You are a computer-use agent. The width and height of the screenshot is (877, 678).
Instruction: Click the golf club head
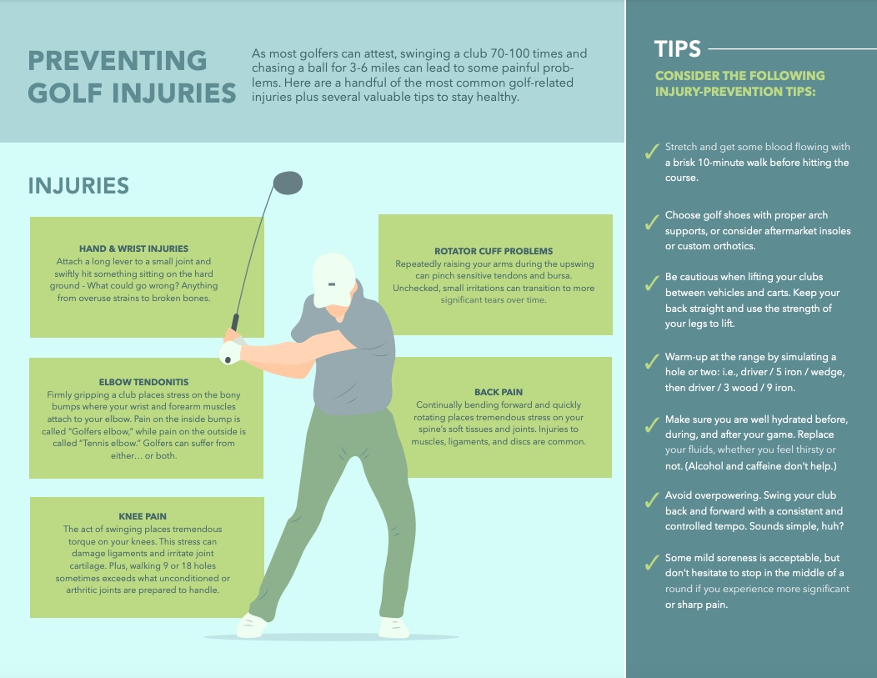pyautogui.click(x=288, y=183)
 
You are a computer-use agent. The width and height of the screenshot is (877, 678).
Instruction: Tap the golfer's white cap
pyautogui.click(x=333, y=279)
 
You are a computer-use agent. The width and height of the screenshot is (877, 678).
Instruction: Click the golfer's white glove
pyautogui.click(x=230, y=352)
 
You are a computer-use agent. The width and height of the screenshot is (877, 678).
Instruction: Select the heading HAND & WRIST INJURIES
pyautogui.click(x=133, y=249)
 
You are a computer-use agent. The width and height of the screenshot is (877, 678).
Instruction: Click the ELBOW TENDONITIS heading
pyautogui.click(x=143, y=382)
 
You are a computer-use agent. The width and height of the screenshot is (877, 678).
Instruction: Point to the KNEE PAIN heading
pyautogui.click(x=143, y=516)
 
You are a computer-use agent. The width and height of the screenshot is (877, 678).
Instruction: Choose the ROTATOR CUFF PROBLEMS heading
pyautogui.click(x=494, y=251)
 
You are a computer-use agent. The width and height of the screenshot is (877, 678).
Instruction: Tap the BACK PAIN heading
pyautogui.click(x=499, y=392)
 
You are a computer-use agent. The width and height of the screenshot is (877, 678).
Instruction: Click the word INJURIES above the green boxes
pyautogui.click(x=78, y=186)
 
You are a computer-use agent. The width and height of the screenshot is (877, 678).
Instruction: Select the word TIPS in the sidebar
pyautogui.click(x=677, y=49)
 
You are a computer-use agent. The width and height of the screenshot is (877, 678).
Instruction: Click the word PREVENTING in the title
pyautogui.click(x=118, y=60)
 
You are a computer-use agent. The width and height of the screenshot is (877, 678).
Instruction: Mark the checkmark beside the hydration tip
pyautogui.click(x=652, y=425)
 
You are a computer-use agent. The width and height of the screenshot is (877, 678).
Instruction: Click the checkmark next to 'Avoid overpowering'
pyautogui.click(x=652, y=500)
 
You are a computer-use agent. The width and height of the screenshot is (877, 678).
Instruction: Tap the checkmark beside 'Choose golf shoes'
pyautogui.click(x=652, y=222)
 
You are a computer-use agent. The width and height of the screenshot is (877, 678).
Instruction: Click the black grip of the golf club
pyautogui.click(x=235, y=322)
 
